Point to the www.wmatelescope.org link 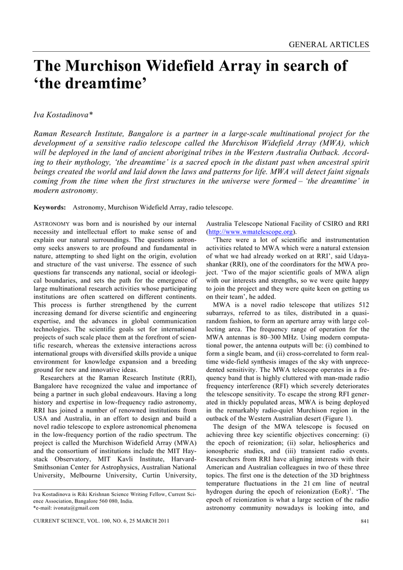point(250,232)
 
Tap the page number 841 point(364,522)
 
